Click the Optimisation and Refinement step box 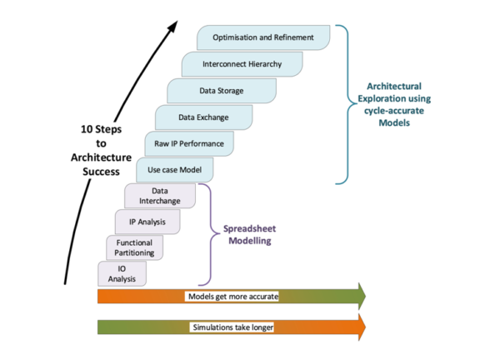click(x=262, y=37)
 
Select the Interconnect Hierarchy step click(x=242, y=64)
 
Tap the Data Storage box click(x=217, y=91)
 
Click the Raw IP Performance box click(x=189, y=144)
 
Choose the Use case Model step click(x=174, y=171)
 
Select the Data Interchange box click(x=159, y=196)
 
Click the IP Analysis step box click(x=147, y=222)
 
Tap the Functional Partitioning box click(x=134, y=247)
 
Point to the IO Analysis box click(x=122, y=273)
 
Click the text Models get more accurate click(x=232, y=296)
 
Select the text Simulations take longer click(x=232, y=327)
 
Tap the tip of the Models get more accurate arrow click(x=364, y=296)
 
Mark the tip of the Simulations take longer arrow click(x=364, y=327)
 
